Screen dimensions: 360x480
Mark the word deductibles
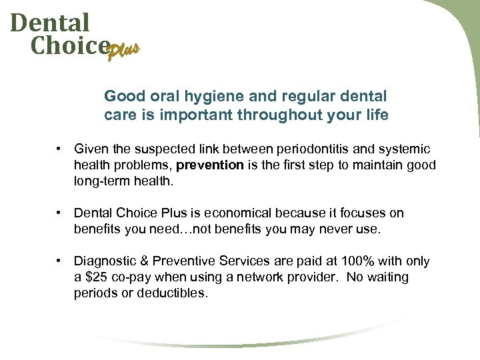172,293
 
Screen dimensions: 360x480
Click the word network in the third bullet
255,277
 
